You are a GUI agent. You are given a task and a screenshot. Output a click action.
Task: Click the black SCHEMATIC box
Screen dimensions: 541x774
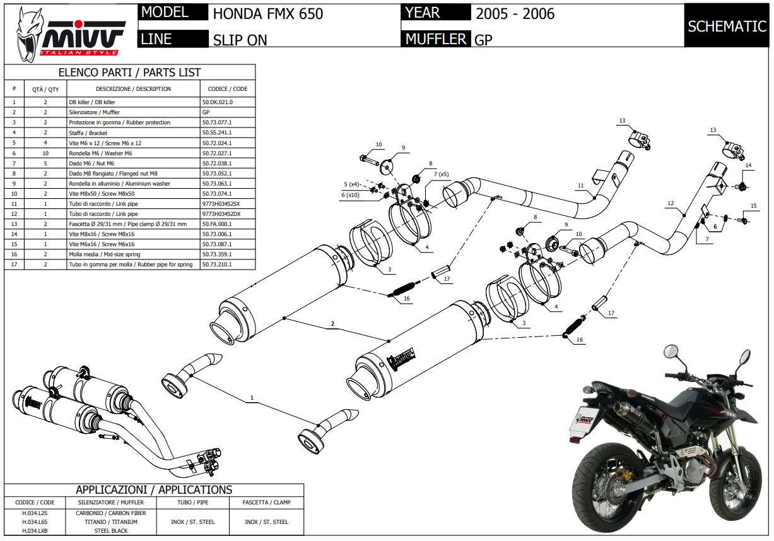click(727, 27)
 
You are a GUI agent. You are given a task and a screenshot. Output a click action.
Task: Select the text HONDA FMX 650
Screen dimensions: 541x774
click(268, 13)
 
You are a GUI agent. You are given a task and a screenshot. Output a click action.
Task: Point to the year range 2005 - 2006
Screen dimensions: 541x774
click(515, 13)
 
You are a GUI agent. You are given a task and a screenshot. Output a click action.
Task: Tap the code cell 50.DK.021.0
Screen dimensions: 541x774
click(218, 102)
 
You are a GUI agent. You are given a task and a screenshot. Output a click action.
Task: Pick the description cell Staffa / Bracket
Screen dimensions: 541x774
click(88, 133)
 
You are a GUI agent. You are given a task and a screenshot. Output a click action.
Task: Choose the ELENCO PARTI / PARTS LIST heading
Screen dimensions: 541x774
click(129, 73)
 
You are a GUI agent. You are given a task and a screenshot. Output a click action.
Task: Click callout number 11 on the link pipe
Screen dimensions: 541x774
click(580, 186)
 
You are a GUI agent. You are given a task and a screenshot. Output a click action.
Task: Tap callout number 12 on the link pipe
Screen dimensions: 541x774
click(671, 203)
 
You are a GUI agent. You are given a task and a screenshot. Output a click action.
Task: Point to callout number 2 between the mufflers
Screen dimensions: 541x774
click(332, 324)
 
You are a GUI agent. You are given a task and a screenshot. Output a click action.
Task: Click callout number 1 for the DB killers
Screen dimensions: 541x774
click(252, 398)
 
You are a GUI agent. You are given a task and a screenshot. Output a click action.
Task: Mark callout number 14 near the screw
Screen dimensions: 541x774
click(749, 165)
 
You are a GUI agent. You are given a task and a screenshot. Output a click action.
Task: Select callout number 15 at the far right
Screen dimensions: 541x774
click(753, 206)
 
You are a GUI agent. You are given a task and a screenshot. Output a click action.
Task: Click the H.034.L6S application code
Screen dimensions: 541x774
click(35, 522)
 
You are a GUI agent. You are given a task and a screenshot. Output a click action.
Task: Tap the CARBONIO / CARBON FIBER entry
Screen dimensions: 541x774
click(111, 513)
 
